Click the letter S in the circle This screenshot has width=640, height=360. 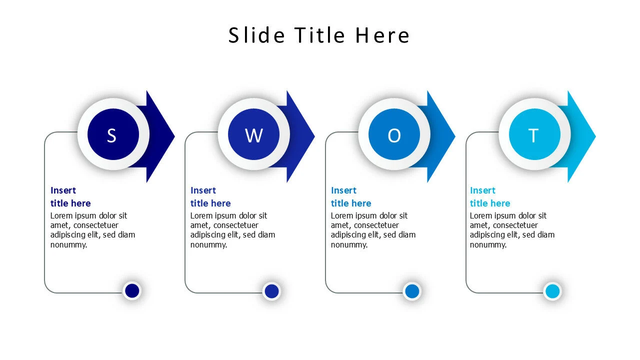pyautogui.click(x=111, y=135)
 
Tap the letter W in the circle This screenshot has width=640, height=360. pyautogui.click(x=253, y=135)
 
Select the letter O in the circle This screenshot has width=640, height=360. pyautogui.click(x=394, y=135)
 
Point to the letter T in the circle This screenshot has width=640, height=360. pyautogui.click(x=533, y=135)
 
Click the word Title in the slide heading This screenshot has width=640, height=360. pyautogui.click(x=320, y=35)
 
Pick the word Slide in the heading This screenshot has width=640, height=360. pyautogui.click(x=257, y=35)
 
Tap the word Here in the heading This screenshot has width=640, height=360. pyautogui.click(x=382, y=35)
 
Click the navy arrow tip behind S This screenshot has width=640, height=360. pyautogui.click(x=162, y=136)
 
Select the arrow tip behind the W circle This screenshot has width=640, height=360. pyautogui.click(x=303, y=136)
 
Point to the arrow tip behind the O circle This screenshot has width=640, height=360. pyautogui.click(x=443, y=136)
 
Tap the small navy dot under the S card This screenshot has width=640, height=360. pyautogui.click(x=132, y=290)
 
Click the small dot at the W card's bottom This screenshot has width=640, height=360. pyautogui.click(x=271, y=291)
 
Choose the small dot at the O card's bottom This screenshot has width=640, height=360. pyautogui.click(x=412, y=291)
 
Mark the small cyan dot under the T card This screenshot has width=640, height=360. pyautogui.click(x=552, y=291)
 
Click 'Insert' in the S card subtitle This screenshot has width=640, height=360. pyautogui.click(x=63, y=190)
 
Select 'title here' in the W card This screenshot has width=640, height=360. pyautogui.click(x=210, y=203)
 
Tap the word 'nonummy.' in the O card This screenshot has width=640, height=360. pyautogui.click(x=349, y=244)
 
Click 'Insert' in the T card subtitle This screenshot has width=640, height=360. pyautogui.click(x=482, y=190)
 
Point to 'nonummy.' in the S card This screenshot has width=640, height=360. pyautogui.click(x=68, y=244)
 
